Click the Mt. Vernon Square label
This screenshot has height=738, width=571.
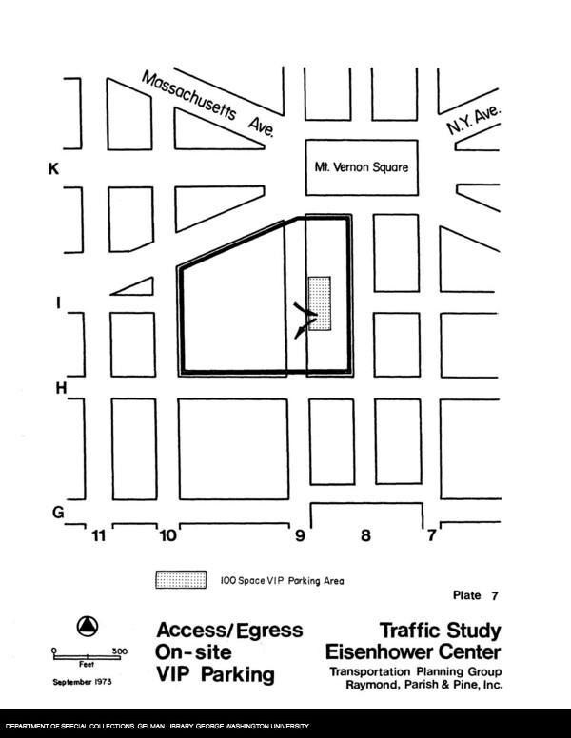pos(362,167)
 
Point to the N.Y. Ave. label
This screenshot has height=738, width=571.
pos(473,121)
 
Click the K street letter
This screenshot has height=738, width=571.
pos(54,169)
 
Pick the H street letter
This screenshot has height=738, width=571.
pos(59,388)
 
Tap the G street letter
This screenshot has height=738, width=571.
pos(58,513)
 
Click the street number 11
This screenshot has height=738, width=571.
pos(97,536)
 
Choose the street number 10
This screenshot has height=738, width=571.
pos(167,536)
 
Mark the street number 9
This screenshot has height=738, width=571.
pos(300,536)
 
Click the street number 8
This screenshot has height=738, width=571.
pos(364,536)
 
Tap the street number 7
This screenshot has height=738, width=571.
pos(431,536)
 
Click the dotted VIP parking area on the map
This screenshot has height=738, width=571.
pos(319,303)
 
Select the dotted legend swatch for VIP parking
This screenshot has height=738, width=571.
pos(181,579)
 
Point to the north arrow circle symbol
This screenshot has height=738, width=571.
pos(87,625)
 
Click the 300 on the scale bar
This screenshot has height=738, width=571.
pos(120,651)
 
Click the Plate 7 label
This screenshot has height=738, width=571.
pos(475,596)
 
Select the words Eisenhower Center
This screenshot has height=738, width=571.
pos(413,653)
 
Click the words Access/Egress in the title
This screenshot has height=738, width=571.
pos(229,631)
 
